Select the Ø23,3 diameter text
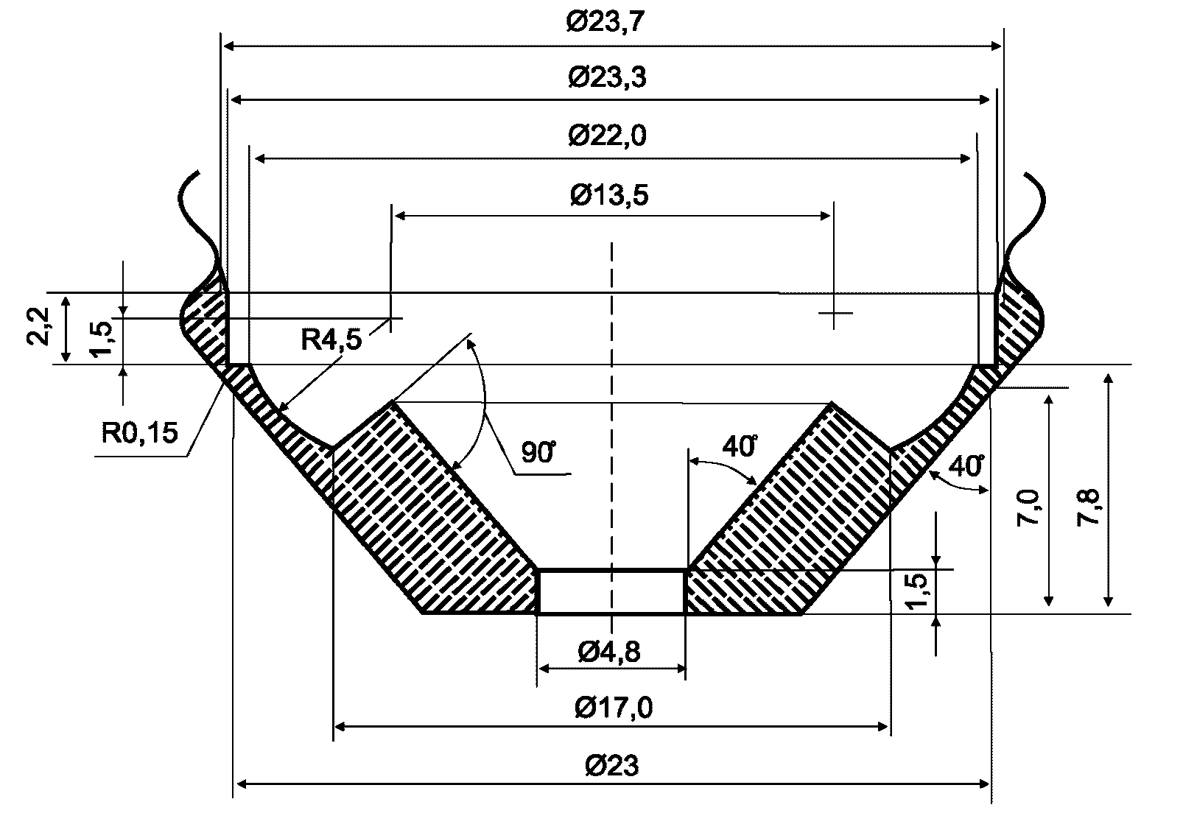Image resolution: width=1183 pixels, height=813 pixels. tap(608, 77)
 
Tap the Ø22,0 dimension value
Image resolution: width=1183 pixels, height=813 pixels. tap(608, 135)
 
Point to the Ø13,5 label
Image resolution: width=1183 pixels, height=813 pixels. tap(609, 195)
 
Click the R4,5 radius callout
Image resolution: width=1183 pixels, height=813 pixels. tap(331, 339)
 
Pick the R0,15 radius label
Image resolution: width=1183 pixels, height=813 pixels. tap(140, 433)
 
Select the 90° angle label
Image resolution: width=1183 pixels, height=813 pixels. tap(538, 452)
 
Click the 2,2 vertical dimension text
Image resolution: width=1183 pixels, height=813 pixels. tap(38, 326)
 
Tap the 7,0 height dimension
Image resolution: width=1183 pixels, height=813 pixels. tap(1028, 508)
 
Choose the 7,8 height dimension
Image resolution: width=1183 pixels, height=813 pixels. tap(1088, 508)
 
